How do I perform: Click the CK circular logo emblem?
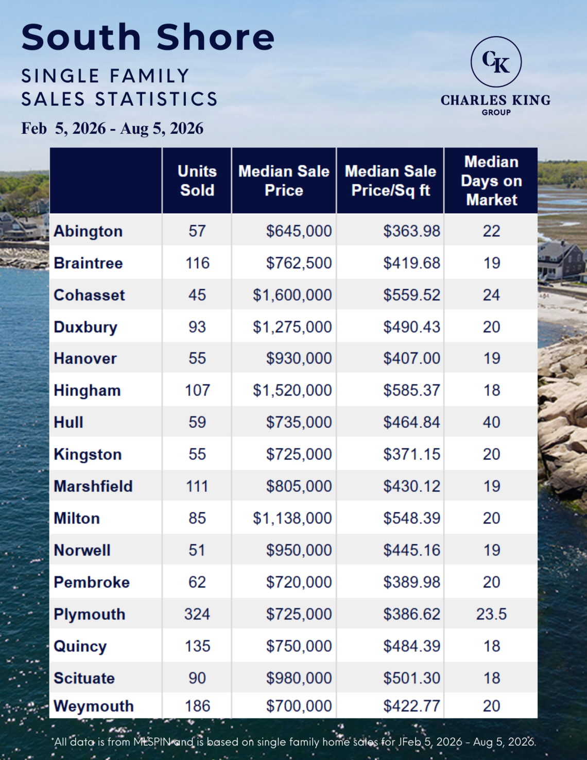pyautogui.click(x=496, y=62)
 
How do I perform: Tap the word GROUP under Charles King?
pyautogui.click(x=496, y=112)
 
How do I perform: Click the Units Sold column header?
pyautogui.click(x=197, y=181)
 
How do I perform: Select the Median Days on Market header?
pyautogui.click(x=491, y=181)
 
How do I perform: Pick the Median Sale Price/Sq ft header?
pyautogui.click(x=390, y=181)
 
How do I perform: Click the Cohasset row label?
pyautogui.click(x=89, y=295)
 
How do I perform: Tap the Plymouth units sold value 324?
pyautogui.click(x=197, y=614)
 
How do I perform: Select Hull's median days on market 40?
pyautogui.click(x=491, y=422)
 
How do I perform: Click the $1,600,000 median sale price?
pyautogui.click(x=292, y=295)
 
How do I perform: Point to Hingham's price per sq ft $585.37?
pyautogui.click(x=411, y=390)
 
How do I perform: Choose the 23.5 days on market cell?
pyautogui.click(x=491, y=614)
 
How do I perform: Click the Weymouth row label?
pyautogui.click(x=94, y=706)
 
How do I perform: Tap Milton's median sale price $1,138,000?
pyautogui.click(x=292, y=518)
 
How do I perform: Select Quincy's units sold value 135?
pyautogui.click(x=197, y=646)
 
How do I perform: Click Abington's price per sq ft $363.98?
pyautogui.click(x=411, y=231)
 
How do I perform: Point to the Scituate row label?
pyautogui.click(x=84, y=678)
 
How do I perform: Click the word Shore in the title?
pyautogui.click(x=215, y=37)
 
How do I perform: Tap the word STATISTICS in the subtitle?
pyautogui.click(x=157, y=99)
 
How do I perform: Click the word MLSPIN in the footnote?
pyautogui.click(x=152, y=742)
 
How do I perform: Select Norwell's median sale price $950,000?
pyautogui.click(x=299, y=550)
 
